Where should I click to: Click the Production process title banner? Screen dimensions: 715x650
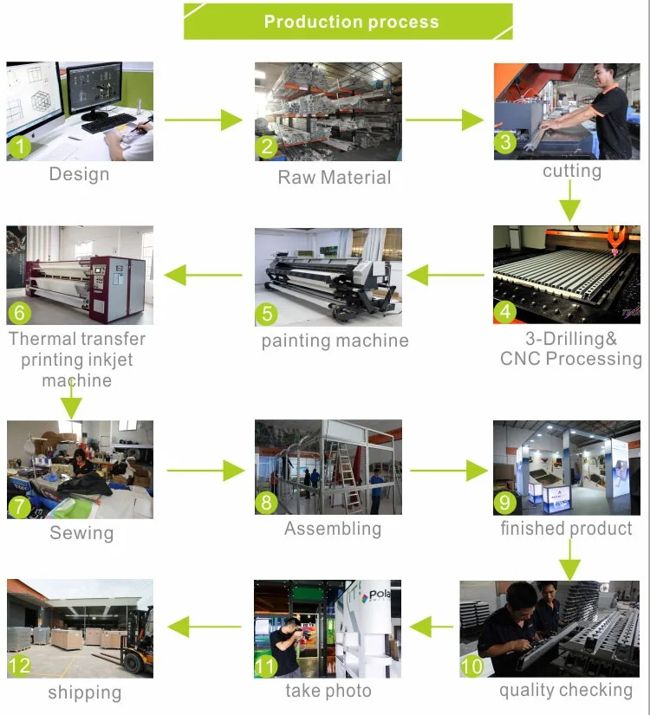click(348, 22)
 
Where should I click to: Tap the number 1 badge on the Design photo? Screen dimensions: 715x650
click(19, 146)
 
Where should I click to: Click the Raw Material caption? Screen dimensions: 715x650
click(334, 178)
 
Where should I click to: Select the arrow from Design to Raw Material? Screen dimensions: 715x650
click(204, 120)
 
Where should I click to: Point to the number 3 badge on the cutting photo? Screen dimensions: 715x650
click(505, 141)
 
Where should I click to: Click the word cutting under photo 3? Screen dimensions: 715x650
click(571, 171)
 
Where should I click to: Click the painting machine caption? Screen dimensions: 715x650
click(335, 341)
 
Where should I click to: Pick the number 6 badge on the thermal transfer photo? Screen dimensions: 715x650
click(19, 311)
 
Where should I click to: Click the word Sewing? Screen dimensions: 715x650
click(81, 533)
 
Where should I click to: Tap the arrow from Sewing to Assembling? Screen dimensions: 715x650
click(205, 471)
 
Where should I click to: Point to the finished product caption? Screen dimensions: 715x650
click(566, 528)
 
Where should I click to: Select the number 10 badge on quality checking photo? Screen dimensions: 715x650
click(472, 666)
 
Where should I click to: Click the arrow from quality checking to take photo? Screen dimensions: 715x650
click(431, 626)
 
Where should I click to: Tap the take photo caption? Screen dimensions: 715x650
click(328, 691)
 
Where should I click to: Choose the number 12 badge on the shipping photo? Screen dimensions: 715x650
click(20, 666)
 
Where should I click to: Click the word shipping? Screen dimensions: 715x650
click(84, 692)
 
